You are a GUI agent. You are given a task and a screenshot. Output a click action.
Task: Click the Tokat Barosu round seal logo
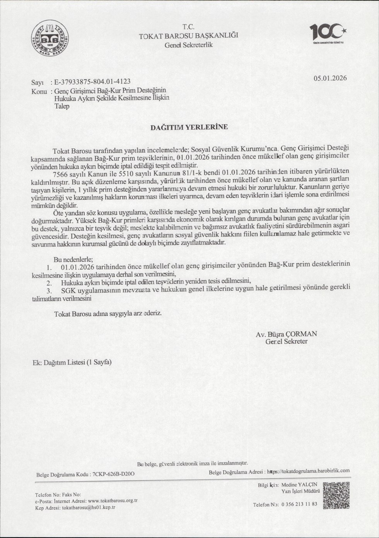[x=50, y=39]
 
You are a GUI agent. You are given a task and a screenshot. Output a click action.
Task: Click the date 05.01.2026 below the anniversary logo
[x=330, y=78]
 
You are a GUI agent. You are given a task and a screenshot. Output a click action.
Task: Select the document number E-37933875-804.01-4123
[x=92, y=81]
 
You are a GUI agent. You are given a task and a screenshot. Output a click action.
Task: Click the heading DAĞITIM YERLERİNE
[x=189, y=127]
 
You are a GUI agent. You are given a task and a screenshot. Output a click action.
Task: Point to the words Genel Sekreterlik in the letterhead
[x=189, y=45]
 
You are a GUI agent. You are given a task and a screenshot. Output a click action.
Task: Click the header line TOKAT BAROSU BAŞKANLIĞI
[x=189, y=36]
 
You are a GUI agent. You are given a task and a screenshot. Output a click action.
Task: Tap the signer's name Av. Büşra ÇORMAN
[x=286, y=334]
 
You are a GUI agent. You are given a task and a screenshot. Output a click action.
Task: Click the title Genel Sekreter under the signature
[x=286, y=341]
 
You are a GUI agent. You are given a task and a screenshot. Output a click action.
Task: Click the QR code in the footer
[x=336, y=495]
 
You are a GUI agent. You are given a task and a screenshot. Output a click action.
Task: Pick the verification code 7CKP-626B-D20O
[x=114, y=474]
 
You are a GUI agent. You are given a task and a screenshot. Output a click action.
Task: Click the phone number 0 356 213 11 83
[x=299, y=504]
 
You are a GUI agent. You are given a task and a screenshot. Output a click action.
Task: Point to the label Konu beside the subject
[x=39, y=92]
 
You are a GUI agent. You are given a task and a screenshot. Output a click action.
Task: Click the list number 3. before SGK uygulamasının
[x=49, y=291]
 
